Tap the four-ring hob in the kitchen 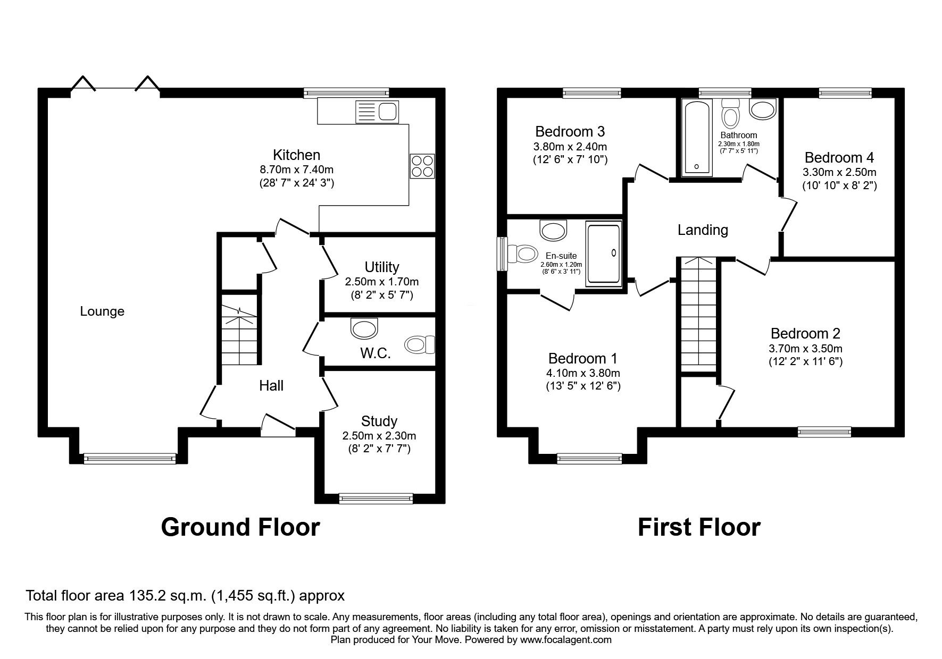pyautogui.click(x=422, y=165)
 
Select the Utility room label pyautogui.click(x=381, y=267)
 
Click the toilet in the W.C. pyautogui.click(x=420, y=345)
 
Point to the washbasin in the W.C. pyautogui.click(x=364, y=328)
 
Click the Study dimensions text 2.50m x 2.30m pyautogui.click(x=379, y=436)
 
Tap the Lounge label pyautogui.click(x=102, y=311)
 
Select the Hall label pyautogui.click(x=271, y=386)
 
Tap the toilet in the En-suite pyautogui.click(x=522, y=254)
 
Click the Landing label pyautogui.click(x=703, y=230)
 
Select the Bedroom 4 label pyautogui.click(x=839, y=158)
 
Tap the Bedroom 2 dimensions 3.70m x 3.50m pyautogui.click(x=805, y=349)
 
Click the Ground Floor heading pyautogui.click(x=240, y=527)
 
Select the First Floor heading pyautogui.click(x=698, y=527)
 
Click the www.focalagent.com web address pyautogui.click(x=565, y=640)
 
